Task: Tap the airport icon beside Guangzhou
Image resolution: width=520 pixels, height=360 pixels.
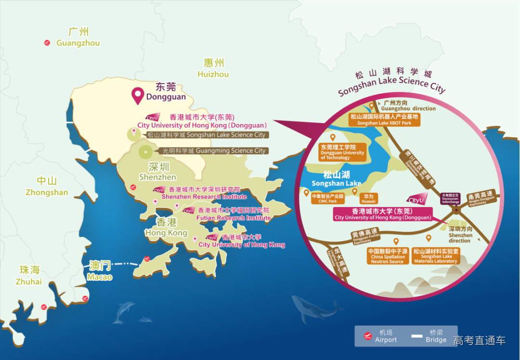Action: (47, 43)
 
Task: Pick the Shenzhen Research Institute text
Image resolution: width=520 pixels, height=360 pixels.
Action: (204, 196)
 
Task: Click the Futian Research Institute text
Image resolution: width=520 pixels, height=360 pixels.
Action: (234, 218)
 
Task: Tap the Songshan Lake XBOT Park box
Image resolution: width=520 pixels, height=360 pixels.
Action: (384, 120)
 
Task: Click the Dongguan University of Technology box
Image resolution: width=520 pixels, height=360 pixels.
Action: (342, 152)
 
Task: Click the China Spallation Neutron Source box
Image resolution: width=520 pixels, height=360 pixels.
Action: (388, 256)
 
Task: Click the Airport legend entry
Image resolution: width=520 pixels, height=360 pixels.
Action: (380, 336)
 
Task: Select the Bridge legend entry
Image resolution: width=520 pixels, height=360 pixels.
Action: (429, 336)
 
